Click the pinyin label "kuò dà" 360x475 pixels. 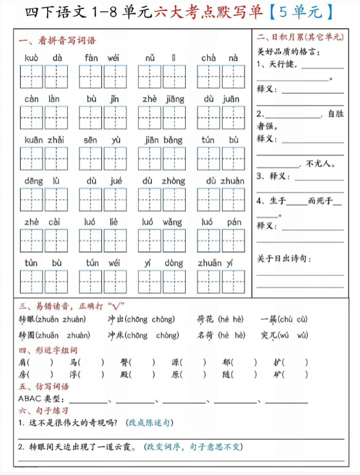[x=44, y=58]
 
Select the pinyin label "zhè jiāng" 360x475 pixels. [x=163, y=99]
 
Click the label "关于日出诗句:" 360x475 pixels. [x=284, y=258]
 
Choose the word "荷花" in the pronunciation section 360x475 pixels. [x=206, y=318]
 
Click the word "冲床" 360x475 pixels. [x=115, y=335]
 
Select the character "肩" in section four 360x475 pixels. [x=23, y=362]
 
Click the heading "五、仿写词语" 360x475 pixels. [x=44, y=387]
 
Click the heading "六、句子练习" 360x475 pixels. [x=44, y=411]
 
